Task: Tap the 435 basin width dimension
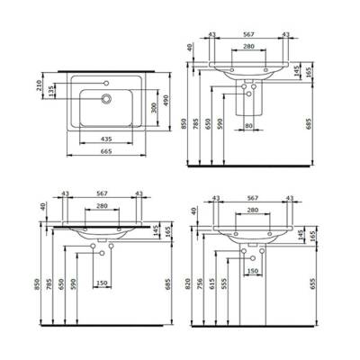(106, 140)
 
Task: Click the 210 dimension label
(37, 86)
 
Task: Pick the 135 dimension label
(49, 90)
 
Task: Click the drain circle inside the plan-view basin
(106, 101)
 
